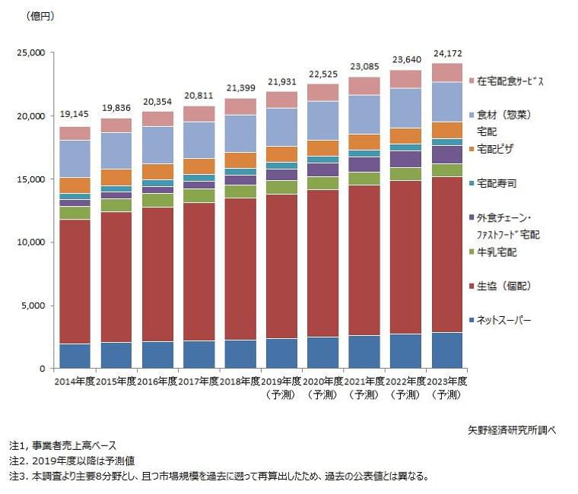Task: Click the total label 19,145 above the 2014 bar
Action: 75,115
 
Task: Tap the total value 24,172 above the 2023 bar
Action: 446,53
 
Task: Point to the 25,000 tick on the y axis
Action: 31,52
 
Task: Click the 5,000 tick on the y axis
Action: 33,306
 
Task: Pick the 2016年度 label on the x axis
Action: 157,380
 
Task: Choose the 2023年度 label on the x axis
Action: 446,380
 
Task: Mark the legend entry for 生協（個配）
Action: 502,286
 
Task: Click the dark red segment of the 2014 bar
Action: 75,281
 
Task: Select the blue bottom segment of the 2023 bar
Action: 446,350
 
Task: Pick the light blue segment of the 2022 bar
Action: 405,108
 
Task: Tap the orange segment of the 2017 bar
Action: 198,166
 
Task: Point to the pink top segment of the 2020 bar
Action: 322,93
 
